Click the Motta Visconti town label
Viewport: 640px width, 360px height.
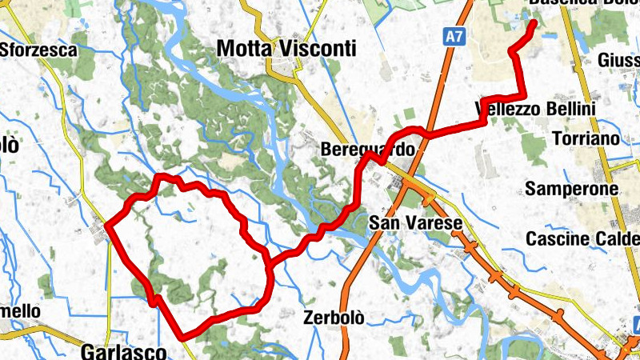[x=286, y=50]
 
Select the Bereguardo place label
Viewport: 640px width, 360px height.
[x=368, y=150]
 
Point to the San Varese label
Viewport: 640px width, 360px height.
[x=416, y=223]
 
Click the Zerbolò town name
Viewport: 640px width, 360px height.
[x=334, y=318]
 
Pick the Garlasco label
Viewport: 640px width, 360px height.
[x=123, y=351]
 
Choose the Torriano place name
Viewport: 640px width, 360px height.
[x=586, y=138]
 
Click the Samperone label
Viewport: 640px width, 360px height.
[x=572, y=190]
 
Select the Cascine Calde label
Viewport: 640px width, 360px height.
[x=582, y=239]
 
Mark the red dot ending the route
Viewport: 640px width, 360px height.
[x=534, y=23]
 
